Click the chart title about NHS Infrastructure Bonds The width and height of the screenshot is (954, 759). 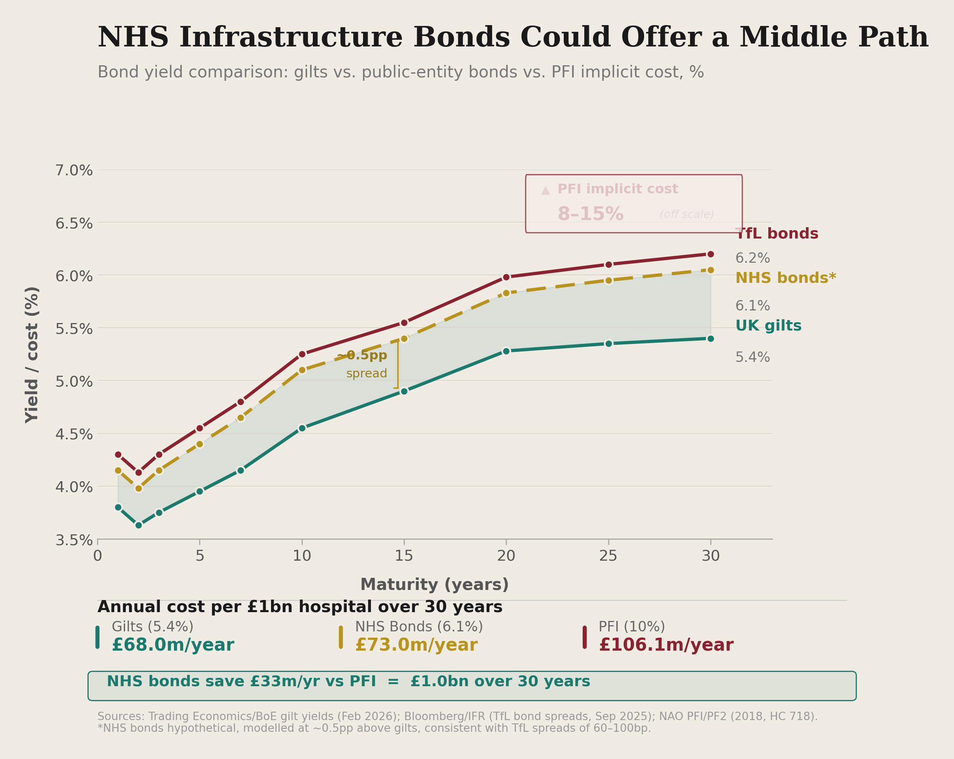[x=512, y=38]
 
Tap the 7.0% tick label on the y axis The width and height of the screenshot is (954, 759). [x=74, y=170]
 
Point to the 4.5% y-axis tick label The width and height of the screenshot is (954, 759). [x=74, y=434]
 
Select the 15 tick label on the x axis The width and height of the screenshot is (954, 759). [x=404, y=556]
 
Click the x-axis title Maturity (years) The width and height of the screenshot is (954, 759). [x=434, y=585]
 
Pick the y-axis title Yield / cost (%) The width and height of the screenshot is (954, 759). [x=32, y=354]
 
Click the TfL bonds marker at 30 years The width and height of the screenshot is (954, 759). [x=710, y=254]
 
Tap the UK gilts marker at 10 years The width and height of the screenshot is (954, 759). [x=302, y=428]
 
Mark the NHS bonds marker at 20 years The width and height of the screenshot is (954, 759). [x=506, y=293]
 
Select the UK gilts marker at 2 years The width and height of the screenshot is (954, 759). [x=138, y=526]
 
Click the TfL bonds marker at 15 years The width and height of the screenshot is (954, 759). [x=404, y=323]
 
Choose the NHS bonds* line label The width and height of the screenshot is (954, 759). [x=785, y=278]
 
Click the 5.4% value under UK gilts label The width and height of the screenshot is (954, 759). [x=752, y=357]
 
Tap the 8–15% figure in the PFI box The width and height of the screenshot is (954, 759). [x=590, y=214]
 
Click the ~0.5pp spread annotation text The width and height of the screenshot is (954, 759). [x=362, y=356]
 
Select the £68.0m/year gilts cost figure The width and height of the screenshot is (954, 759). [x=173, y=645]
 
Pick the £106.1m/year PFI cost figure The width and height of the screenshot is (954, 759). [x=666, y=645]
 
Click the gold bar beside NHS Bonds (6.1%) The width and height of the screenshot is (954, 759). [x=341, y=637]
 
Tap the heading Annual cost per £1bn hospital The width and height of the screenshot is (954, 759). [x=299, y=607]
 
